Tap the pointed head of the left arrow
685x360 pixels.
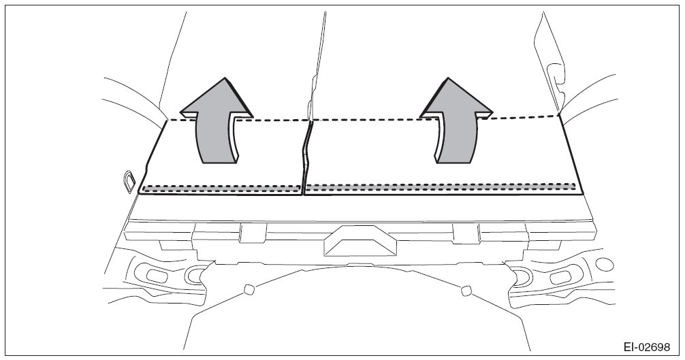coord(217,95)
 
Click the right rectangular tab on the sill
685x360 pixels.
coord(466,233)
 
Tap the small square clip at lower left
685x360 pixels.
coord(249,289)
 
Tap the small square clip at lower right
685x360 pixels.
coord(466,291)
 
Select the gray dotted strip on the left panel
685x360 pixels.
coord(221,188)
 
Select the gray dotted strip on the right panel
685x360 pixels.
coord(440,186)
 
